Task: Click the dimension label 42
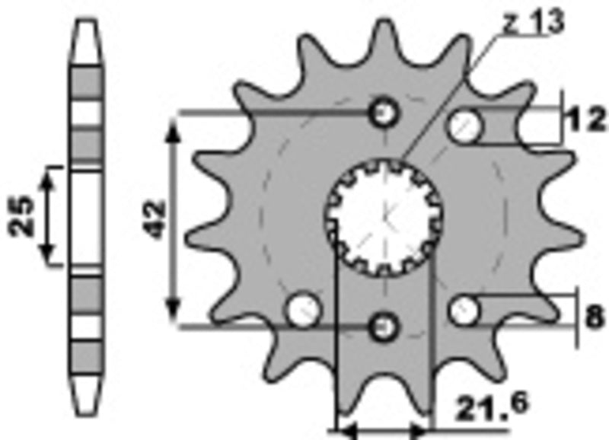pyautogui.click(x=155, y=221)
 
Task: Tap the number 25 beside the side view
pyautogui.click(x=22, y=216)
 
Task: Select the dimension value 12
pyautogui.click(x=585, y=121)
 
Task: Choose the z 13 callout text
pyautogui.click(x=532, y=23)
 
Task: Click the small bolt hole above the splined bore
pyautogui.click(x=384, y=114)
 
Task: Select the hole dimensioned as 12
pyautogui.click(x=464, y=126)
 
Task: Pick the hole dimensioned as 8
pyautogui.click(x=464, y=310)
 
